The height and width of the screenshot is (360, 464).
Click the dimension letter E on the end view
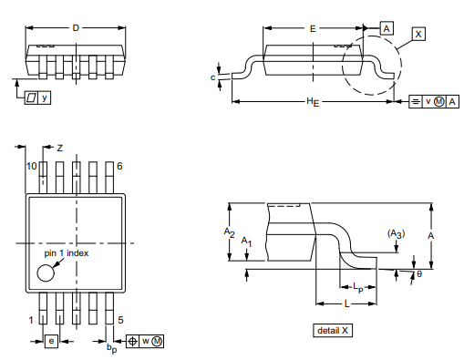(313, 29)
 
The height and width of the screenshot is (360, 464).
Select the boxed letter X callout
(418, 33)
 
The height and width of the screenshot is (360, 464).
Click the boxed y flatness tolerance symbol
(37, 97)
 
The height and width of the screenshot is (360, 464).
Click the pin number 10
(31, 166)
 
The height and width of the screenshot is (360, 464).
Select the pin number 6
(119, 166)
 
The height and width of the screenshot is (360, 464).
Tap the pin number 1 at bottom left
(31, 320)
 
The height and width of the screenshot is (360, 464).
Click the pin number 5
(120, 320)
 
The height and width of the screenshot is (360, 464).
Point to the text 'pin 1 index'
(67, 252)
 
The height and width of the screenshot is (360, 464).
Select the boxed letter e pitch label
(52, 341)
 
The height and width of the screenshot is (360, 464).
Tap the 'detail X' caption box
(333, 330)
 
